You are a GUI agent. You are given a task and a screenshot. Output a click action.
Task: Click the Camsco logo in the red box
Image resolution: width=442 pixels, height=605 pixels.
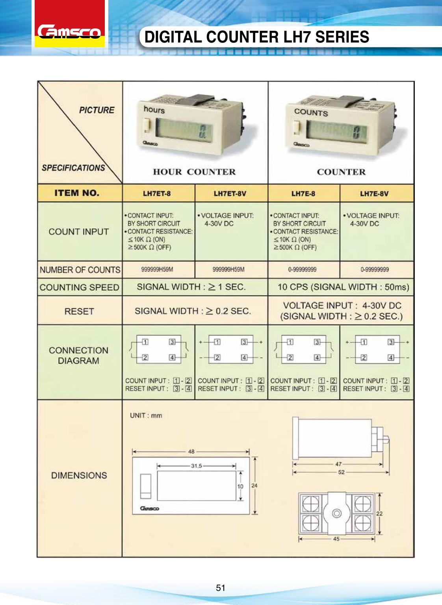(69, 32)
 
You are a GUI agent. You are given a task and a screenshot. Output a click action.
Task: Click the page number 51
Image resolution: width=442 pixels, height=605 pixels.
(221, 588)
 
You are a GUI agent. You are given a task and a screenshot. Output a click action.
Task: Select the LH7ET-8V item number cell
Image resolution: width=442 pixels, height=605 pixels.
(230, 194)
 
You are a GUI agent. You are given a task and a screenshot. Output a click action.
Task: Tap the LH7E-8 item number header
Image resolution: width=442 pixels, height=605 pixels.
(303, 194)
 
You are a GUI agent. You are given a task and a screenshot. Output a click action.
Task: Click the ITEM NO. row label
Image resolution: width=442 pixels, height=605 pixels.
(77, 193)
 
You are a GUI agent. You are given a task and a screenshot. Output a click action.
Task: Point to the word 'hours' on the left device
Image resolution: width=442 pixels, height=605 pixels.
(154, 109)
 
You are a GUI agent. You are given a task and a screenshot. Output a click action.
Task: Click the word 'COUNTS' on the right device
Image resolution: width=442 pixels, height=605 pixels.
(311, 112)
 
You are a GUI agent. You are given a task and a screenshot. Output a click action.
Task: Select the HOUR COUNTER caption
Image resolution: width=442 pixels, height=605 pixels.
(194, 172)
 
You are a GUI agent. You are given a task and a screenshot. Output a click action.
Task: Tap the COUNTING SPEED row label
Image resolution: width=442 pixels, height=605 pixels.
(79, 287)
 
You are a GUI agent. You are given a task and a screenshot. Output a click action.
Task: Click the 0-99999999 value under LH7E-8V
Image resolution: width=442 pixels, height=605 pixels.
(375, 270)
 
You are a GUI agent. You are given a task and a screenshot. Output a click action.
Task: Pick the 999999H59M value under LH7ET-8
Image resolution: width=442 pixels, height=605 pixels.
(157, 270)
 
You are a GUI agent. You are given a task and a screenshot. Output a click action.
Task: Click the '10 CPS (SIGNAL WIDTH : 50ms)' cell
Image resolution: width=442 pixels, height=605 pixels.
(343, 287)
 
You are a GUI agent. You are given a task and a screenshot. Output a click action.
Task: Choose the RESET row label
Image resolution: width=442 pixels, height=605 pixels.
(79, 311)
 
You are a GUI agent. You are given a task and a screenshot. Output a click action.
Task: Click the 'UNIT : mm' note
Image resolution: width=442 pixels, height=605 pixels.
(146, 415)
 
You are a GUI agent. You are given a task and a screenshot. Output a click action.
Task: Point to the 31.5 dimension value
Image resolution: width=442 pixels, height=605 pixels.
(196, 466)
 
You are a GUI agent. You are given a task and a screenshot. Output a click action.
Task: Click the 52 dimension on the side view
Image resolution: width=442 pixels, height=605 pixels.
(341, 472)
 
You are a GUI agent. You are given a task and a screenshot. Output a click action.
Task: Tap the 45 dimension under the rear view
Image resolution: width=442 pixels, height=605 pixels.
(336, 539)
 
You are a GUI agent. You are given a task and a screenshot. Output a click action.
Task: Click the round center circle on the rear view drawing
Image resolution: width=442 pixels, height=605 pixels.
(336, 513)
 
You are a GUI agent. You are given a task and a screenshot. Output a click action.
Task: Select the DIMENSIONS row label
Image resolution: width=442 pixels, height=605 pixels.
(79, 475)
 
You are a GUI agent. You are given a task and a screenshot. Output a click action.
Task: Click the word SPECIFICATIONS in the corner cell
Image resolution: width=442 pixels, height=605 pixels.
(73, 168)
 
